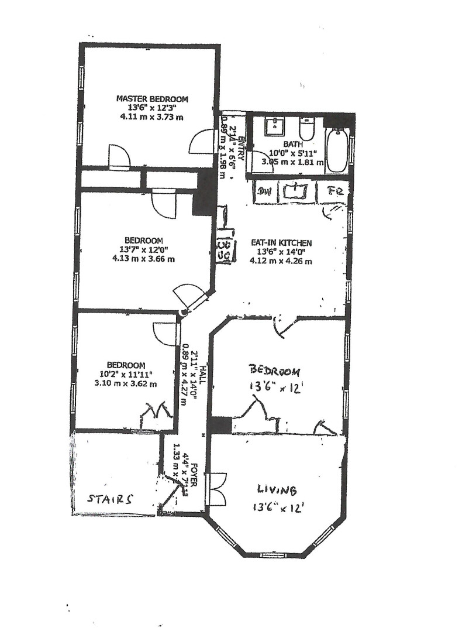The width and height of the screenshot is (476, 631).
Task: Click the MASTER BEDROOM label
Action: pos(152,99)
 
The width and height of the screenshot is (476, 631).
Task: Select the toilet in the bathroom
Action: pos(307,128)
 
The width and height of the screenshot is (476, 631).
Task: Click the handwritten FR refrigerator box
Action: pos(335,191)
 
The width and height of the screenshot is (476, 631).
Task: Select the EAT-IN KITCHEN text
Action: pos(281,243)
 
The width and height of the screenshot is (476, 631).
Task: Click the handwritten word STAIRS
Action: pos(110,499)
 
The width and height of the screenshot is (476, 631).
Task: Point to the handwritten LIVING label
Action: pos(277,489)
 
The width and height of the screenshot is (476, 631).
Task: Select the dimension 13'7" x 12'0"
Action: pos(143,249)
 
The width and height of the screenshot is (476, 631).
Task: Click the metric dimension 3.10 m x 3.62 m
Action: pos(126,384)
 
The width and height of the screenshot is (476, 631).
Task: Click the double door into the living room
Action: pos(216,489)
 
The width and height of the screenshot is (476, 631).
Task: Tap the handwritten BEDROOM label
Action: pos(275,371)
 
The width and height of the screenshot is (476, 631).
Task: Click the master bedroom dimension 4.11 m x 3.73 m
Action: pos(152,116)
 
